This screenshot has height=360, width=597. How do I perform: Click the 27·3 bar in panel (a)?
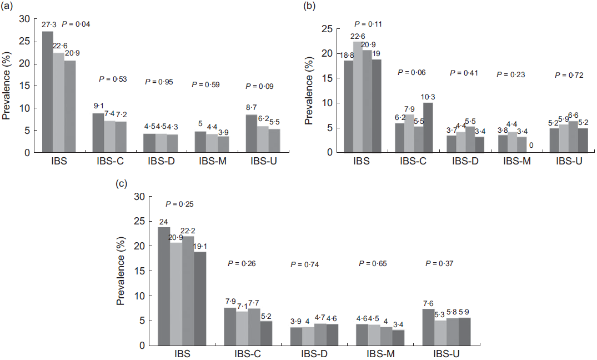[x=48, y=92]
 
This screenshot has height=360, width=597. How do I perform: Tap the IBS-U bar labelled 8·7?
[x=251, y=133]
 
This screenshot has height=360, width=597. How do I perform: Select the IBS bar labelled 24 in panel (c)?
[x=163, y=286]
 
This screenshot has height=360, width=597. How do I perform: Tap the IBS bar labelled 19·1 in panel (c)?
[x=200, y=298]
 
